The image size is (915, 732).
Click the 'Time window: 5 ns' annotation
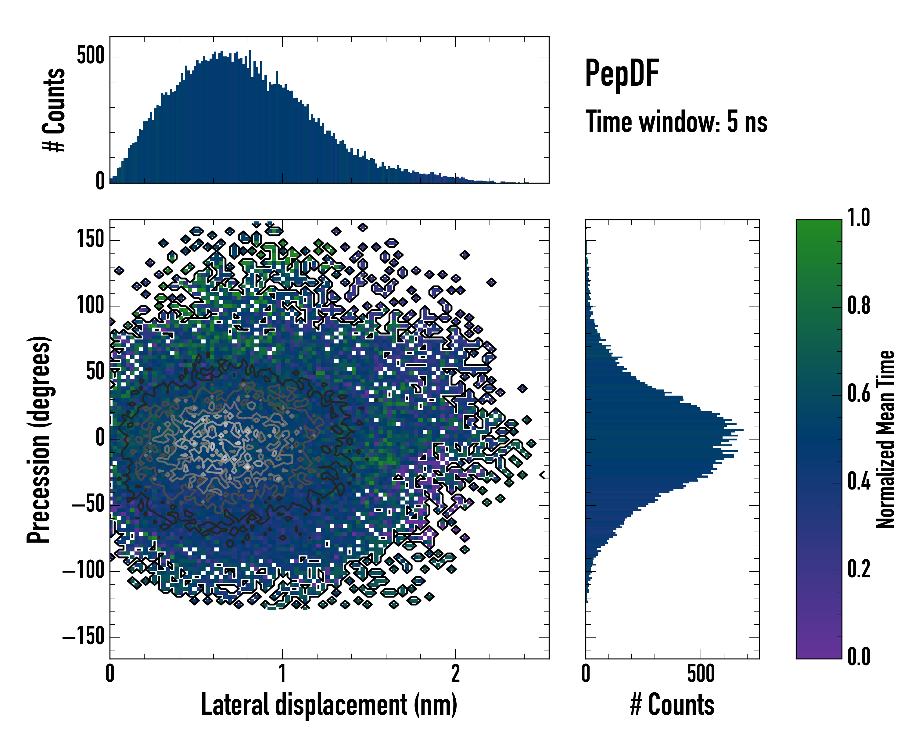[676, 122]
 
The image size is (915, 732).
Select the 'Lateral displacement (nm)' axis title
[329, 705]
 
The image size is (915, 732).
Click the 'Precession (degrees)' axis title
[39, 439]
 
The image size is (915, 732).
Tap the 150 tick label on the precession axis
[90, 240]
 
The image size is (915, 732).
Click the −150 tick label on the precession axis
[83, 637]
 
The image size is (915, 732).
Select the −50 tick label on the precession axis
[88, 504]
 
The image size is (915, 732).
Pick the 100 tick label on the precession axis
[90, 306]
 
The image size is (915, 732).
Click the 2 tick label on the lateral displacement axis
[455, 673]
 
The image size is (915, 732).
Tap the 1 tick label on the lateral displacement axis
[282, 673]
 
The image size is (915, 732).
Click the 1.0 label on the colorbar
[859, 218]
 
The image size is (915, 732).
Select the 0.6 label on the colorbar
[859, 394]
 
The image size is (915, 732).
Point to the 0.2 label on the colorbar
[859, 569]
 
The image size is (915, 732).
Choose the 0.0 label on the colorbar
[859, 656]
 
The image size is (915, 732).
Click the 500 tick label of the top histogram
[90, 56]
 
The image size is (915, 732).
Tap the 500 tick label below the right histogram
[701, 673]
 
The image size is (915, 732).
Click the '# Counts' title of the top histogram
[54, 110]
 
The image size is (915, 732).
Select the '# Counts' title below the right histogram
[672, 705]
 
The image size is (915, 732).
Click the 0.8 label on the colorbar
[859, 306]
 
